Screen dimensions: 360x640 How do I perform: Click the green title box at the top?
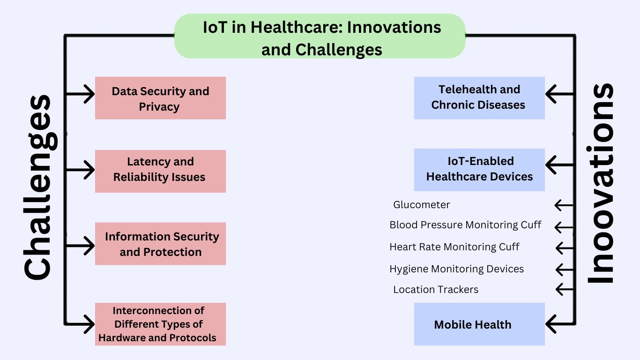click(320, 36)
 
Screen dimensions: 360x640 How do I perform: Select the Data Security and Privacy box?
click(160, 98)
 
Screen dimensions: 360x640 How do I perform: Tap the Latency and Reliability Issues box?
click(160, 171)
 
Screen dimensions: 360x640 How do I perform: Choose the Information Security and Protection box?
click(160, 244)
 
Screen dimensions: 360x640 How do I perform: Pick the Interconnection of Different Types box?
click(160, 324)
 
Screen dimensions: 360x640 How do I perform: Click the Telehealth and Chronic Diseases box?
click(479, 97)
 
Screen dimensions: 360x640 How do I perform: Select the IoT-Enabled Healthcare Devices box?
click(479, 169)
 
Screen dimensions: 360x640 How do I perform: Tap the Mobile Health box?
click(479, 324)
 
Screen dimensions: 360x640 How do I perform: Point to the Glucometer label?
click(421, 205)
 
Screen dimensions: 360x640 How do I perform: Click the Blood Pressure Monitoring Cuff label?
click(465, 225)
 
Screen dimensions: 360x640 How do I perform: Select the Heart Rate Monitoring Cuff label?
click(454, 247)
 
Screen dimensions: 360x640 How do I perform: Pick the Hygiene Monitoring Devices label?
click(456, 269)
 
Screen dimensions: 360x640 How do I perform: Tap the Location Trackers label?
click(436, 290)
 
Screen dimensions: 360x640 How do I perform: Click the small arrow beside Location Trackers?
click(564, 289)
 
